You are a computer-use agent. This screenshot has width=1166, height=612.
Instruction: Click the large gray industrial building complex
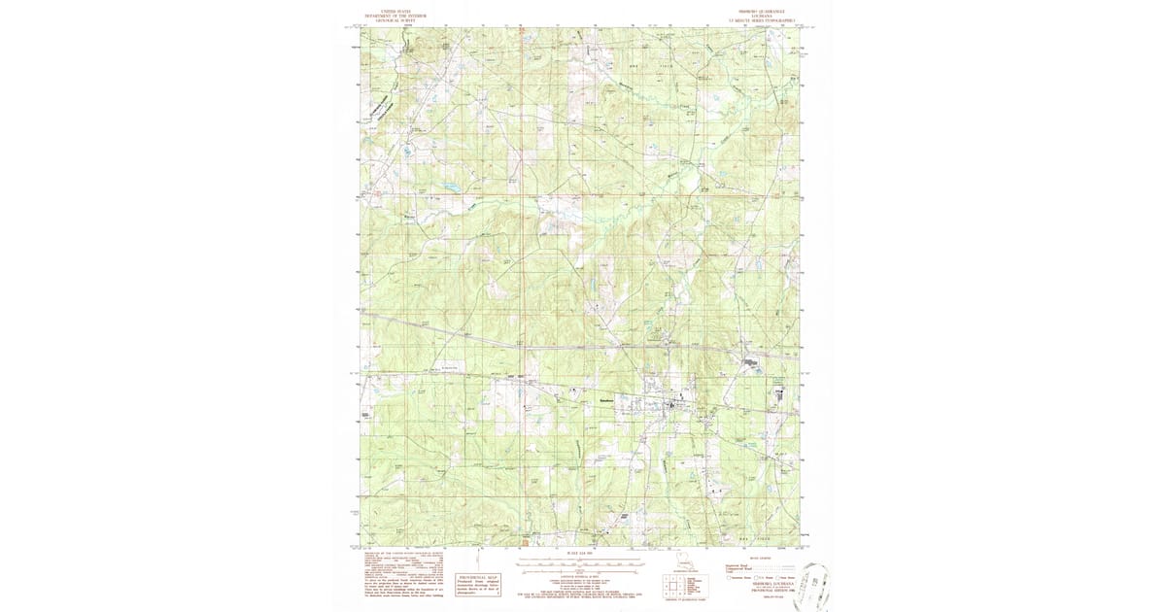[751, 364]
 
